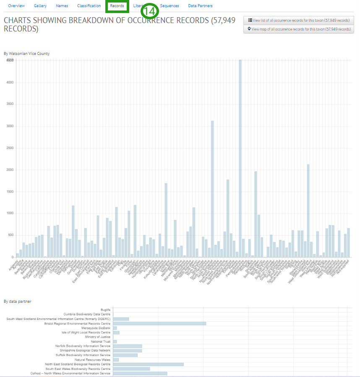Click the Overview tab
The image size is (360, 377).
(16, 6)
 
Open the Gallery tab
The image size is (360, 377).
(40, 6)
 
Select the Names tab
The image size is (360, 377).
(62, 6)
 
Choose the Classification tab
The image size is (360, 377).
(89, 6)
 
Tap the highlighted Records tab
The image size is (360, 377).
(117, 6)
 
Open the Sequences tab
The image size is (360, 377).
(170, 6)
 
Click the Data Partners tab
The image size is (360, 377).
(200, 6)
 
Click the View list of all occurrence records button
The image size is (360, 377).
(298, 20)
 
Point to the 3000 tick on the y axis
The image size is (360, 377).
(10, 126)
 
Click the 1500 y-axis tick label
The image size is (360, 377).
(10, 192)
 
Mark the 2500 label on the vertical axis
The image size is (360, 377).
(10, 148)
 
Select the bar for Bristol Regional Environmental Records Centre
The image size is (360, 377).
(159, 323)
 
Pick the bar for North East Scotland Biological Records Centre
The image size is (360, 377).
(148, 364)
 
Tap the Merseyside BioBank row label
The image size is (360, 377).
(96, 328)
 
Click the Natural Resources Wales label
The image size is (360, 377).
(92, 360)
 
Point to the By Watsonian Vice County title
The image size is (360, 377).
(26, 53)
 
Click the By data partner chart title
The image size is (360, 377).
(17, 301)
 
